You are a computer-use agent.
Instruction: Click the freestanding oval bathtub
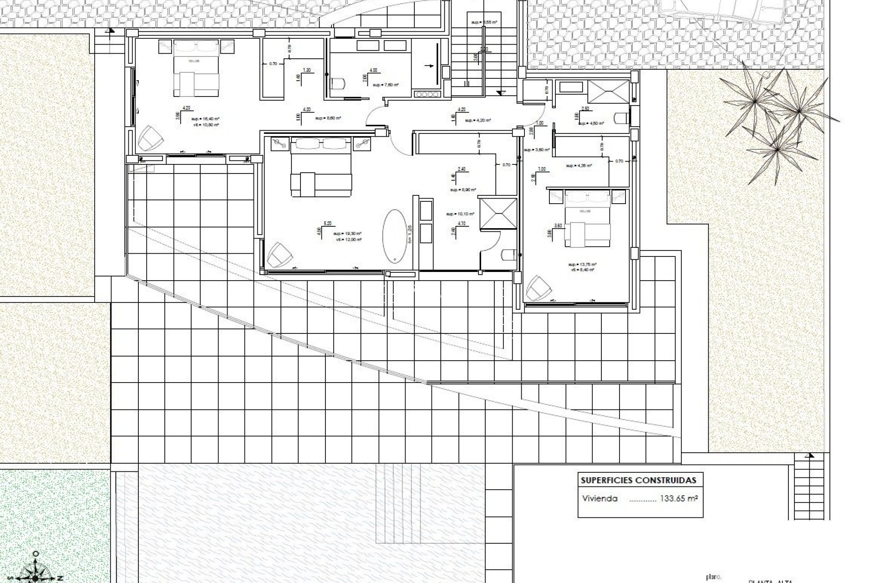pyautogui.click(x=395, y=235)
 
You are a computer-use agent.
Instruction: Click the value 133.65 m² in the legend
pyautogui.click(x=679, y=498)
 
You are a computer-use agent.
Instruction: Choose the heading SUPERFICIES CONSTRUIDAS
pyautogui.click(x=639, y=480)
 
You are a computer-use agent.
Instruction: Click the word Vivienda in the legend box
pyautogui.click(x=600, y=499)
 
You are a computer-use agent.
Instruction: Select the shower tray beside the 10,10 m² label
pyautogui.click(x=499, y=213)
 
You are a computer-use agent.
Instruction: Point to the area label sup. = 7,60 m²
pyautogui.click(x=386, y=85)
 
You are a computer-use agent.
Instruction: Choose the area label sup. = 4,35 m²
pyautogui.click(x=579, y=166)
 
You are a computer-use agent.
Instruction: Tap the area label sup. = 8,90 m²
pyautogui.click(x=462, y=190)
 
